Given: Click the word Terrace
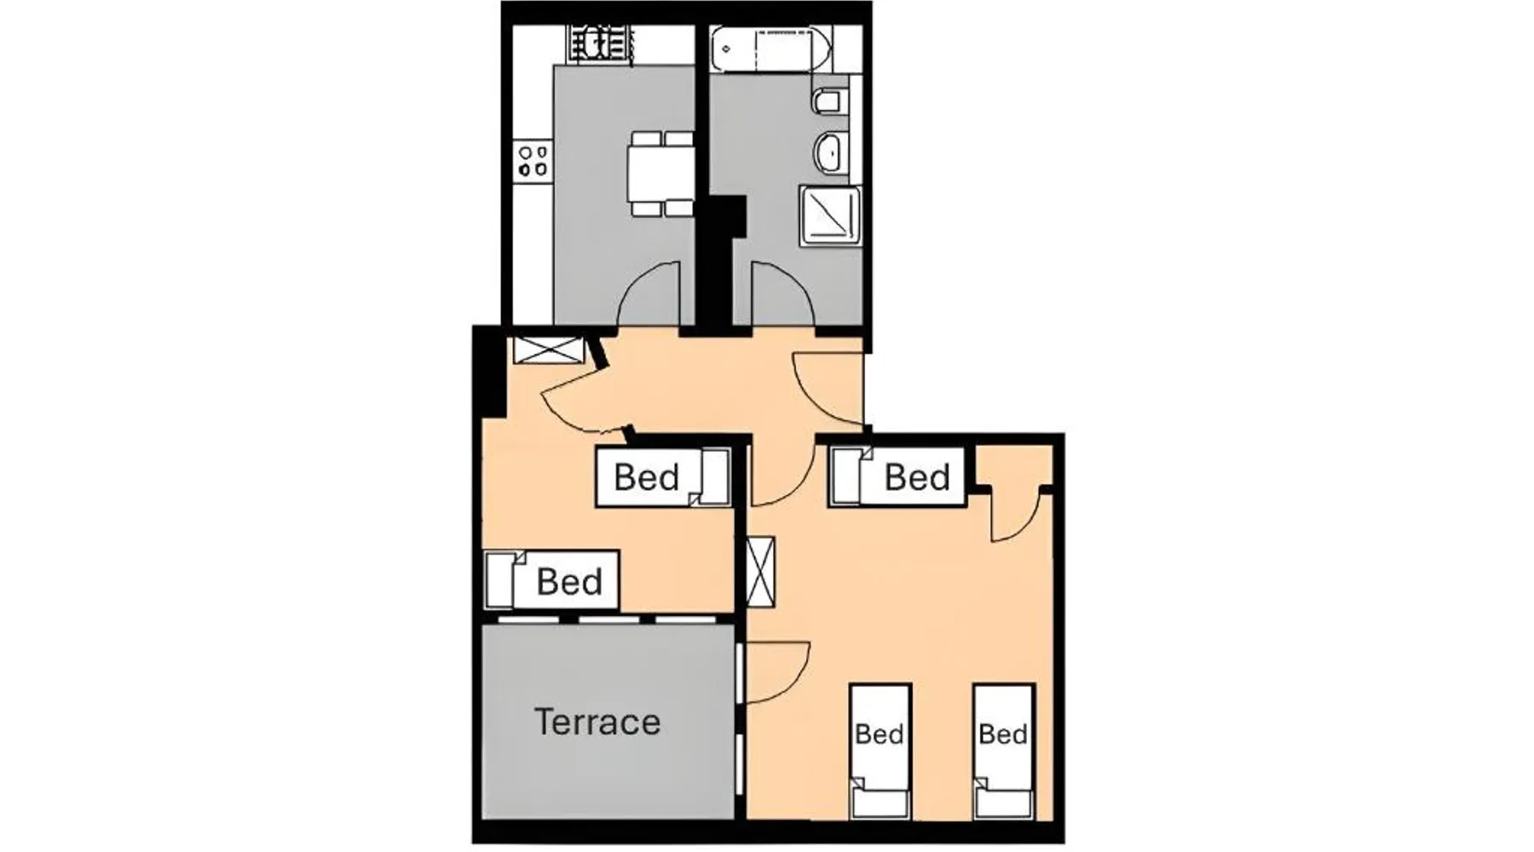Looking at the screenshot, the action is click(x=597, y=722).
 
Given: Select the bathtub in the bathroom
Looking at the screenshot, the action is click(x=771, y=49).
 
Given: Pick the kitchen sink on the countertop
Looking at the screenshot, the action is click(x=602, y=44).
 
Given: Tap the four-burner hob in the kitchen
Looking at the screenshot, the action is click(x=534, y=161).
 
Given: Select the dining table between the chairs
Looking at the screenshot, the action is click(x=661, y=173).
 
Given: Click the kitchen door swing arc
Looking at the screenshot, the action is click(x=648, y=292).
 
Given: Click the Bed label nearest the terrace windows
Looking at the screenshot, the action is click(x=569, y=582).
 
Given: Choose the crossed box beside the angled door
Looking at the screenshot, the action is click(x=549, y=350).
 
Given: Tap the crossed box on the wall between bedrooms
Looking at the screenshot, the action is click(x=760, y=572).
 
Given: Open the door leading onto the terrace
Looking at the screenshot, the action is click(x=777, y=673).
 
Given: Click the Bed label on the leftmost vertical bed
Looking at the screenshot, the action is click(x=879, y=734).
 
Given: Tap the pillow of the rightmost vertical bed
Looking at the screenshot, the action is click(x=1005, y=803).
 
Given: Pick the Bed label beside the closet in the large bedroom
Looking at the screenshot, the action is click(x=917, y=477).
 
